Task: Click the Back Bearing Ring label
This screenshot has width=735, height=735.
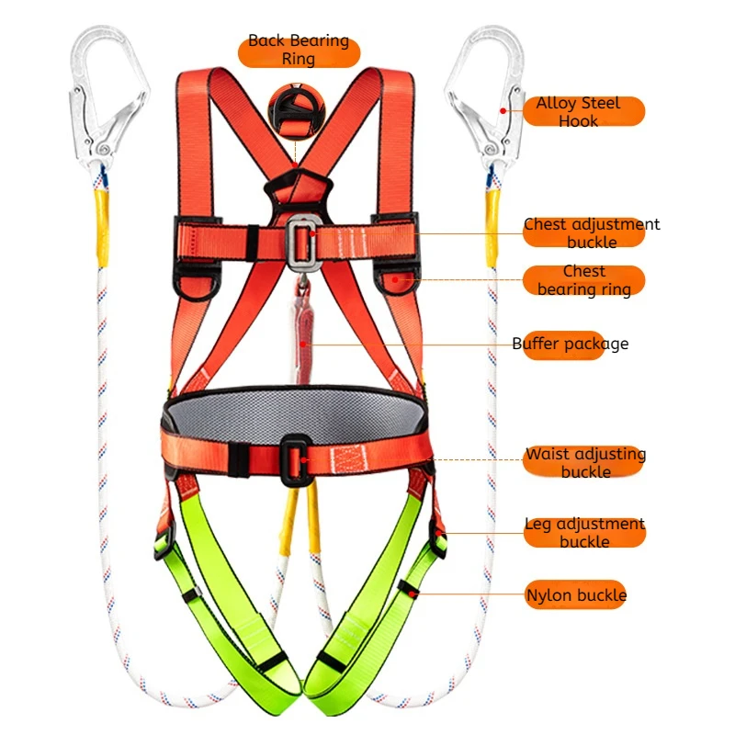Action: tap(299, 50)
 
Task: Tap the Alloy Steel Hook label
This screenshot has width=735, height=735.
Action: tap(578, 111)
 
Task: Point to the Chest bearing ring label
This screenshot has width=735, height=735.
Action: tap(584, 280)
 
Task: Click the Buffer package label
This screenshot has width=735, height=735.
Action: tap(570, 344)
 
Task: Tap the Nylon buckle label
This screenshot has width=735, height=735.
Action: tap(576, 595)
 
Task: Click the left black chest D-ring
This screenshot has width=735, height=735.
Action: tap(194, 283)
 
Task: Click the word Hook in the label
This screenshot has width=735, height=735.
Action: tap(579, 121)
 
